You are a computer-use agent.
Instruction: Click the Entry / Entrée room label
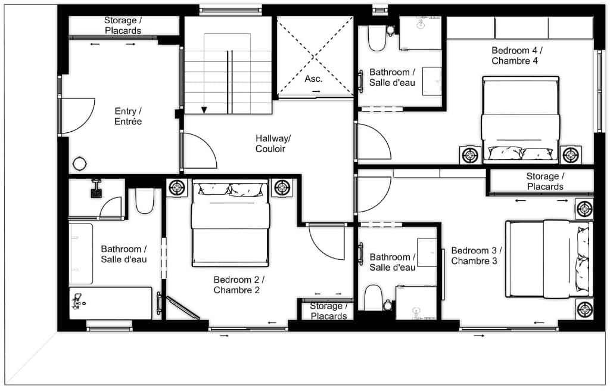click(x=128, y=116)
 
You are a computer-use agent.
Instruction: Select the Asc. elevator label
click(x=313, y=79)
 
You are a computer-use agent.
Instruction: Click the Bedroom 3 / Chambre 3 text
click(x=476, y=256)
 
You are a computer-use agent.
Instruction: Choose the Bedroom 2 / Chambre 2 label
click(x=238, y=285)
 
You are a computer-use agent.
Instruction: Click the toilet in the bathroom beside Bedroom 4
click(x=376, y=38)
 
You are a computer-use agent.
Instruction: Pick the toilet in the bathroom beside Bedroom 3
click(x=373, y=297)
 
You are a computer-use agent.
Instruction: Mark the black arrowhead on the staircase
click(x=204, y=110)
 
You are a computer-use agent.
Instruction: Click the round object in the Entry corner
click(x=79, y=163)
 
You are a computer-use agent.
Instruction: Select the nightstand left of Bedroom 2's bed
click(x=178, y=188)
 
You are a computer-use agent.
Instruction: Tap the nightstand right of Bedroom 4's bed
click(x=571, y=155)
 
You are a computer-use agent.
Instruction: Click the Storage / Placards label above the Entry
click(x=123, y=26)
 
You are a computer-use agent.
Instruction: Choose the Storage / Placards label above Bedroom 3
click(x=544, y=181)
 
